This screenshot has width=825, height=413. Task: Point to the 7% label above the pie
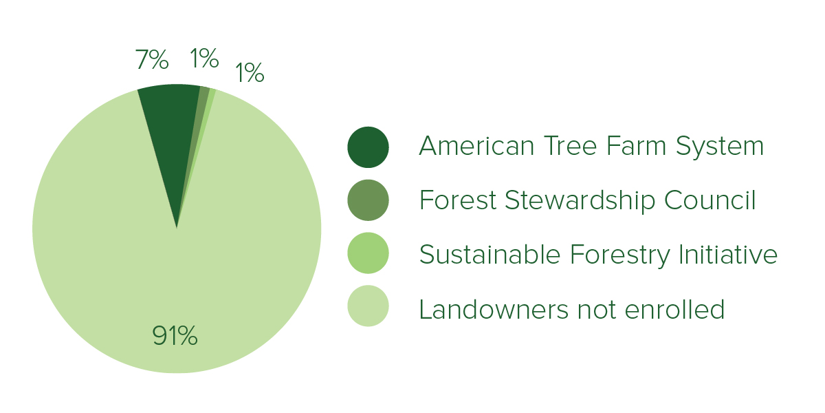[x=152, y=59]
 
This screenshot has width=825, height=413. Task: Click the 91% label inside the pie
[x=175, y=336]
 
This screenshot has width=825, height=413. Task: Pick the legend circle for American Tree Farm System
[x=368, y=147]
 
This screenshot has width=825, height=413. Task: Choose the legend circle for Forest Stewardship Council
[x=368, y=200]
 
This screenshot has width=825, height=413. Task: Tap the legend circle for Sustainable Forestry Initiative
[x=368, y=253]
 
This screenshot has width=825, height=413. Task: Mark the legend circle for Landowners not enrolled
[x=368, y=306]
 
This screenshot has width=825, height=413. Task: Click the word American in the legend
[x=477, y=146]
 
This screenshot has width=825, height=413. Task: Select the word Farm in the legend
[x=636, y=146]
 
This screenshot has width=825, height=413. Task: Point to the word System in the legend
[x=720, y=147]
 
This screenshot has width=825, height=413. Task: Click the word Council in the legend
[x=710, y=200]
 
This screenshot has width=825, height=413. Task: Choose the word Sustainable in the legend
[x=489, y=254]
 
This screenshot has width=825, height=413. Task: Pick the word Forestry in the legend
[x=619, y=255]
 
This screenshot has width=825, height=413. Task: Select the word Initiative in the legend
[x=728, y=254]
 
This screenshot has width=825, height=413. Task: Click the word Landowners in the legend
[x=494, y=309]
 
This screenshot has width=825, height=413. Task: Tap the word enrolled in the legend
[x=674, y=309]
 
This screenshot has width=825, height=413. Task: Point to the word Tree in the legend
[x=571, y=146]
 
